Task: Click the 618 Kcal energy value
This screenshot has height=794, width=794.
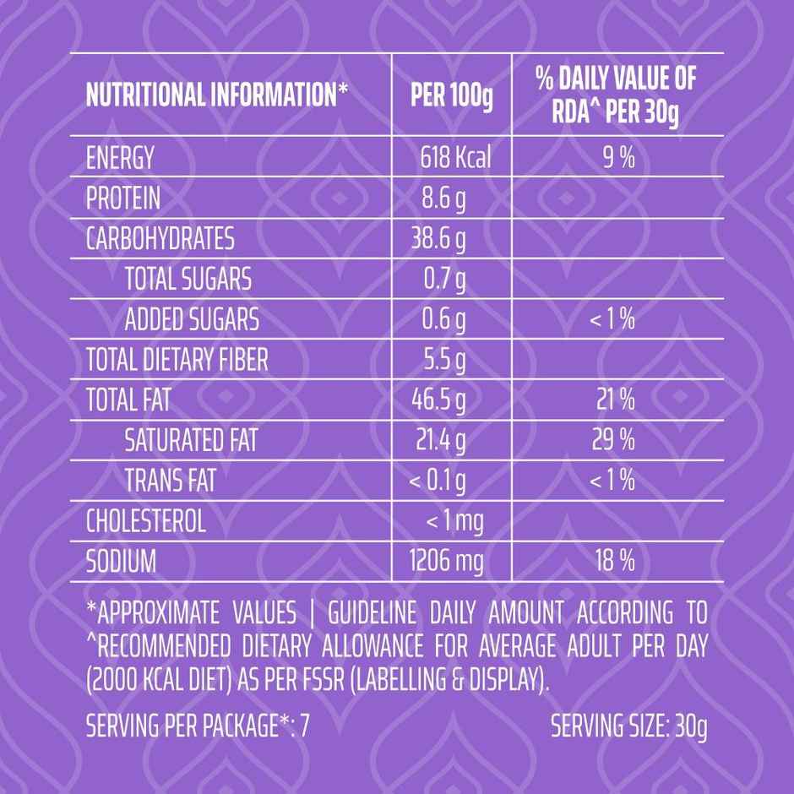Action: (454, 158)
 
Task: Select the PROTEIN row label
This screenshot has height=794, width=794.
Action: (123, 198)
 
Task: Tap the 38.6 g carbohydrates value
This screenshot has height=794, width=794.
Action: (439, 239)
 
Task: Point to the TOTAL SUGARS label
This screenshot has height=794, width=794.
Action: (188, 279)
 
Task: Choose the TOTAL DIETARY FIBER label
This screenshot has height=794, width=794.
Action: (177, 361)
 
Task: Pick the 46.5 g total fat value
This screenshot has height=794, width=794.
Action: (438, 400)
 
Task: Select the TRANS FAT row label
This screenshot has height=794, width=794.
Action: (170, 481)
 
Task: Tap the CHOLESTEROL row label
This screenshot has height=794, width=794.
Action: (146, 521)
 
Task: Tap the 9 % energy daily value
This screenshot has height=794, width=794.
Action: (618, 158)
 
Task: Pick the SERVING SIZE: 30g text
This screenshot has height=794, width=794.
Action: (628, 726)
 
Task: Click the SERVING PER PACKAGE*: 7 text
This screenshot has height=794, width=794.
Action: (198, 726)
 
